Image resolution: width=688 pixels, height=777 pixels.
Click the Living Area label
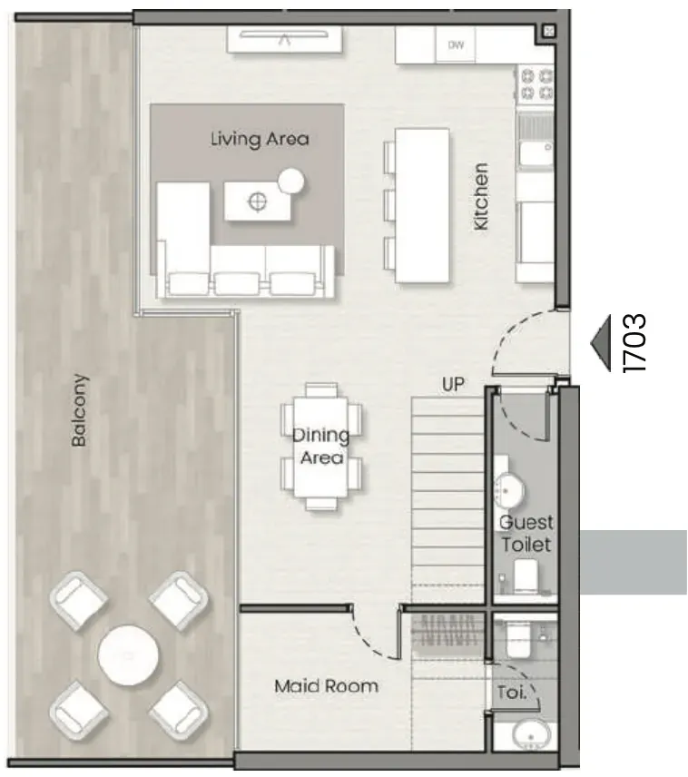[x=260, y=139]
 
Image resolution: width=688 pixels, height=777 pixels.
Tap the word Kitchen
[x=481, y=196]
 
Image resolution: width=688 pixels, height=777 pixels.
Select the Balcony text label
[x=79, y=409]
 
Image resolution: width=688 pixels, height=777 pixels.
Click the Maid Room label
[x=326, y=686]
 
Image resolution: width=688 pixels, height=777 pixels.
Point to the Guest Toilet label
[x=526, y=533]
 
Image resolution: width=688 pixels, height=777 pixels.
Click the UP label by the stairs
[x=453, y=384]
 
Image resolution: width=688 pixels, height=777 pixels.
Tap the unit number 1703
[x=635, y=342]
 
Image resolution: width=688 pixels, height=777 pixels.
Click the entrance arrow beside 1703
[x=601, y=342]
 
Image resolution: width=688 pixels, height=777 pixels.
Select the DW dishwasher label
[x=456, y=45]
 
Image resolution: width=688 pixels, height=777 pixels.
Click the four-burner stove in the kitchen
[x=536, y=84]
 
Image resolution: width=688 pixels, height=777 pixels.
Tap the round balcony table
[x=128, y=655]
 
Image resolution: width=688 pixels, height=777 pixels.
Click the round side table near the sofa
[x=291, y=182]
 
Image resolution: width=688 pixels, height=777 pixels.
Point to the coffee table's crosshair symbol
[x=257, y=202]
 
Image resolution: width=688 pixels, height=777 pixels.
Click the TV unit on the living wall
[x=284, y=39]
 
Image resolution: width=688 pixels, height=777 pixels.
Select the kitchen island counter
[x=422, y=205]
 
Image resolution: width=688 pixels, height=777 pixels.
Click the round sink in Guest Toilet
[x=509, y=490]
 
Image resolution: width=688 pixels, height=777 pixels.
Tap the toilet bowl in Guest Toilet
[x=526, y=576]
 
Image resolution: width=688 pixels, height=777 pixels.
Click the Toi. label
[x=512, y=692]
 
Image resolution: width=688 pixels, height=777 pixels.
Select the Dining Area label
[x=321, y=446]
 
